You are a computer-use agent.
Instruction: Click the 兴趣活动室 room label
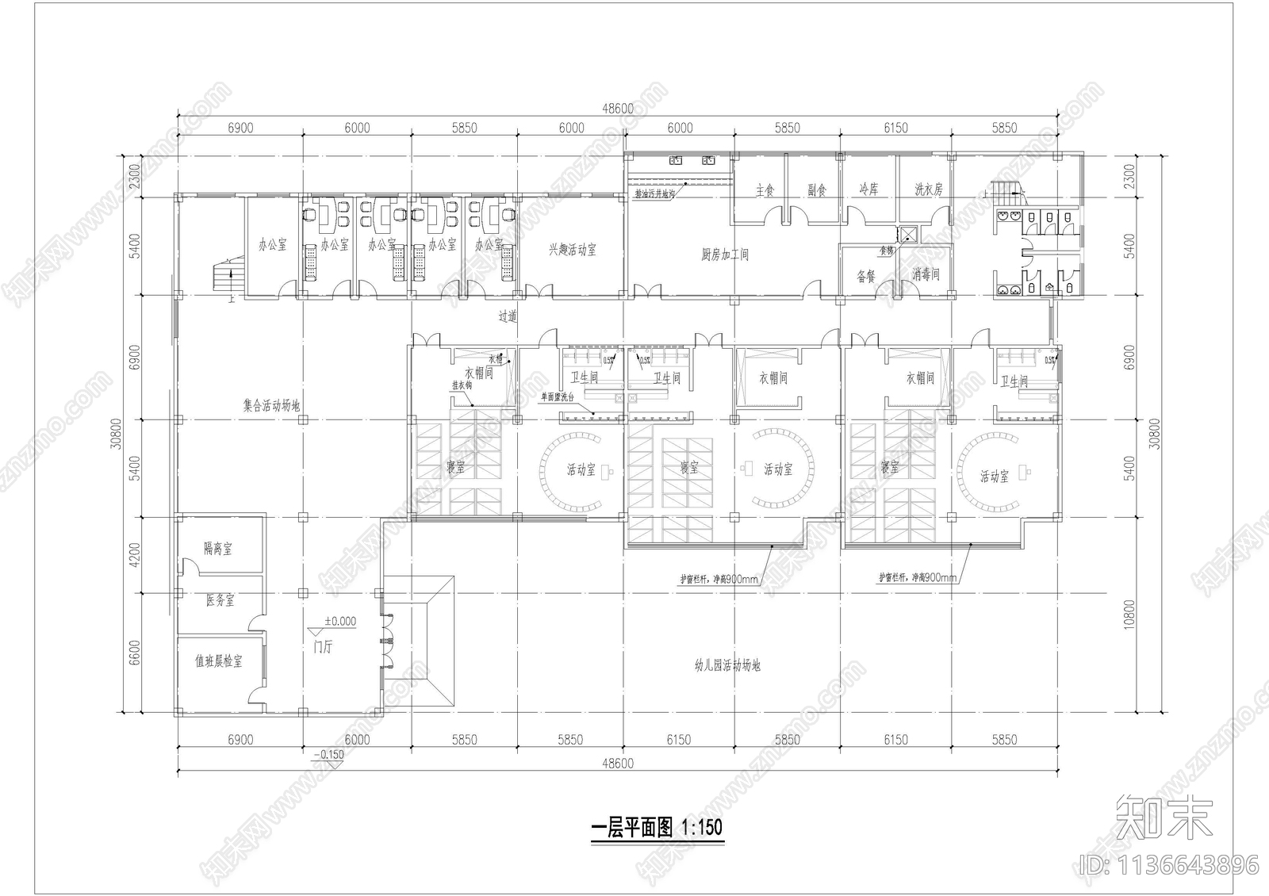pos(572,251)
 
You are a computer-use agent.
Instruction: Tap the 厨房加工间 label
pos(725,255)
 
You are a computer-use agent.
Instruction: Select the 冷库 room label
pos(868,190)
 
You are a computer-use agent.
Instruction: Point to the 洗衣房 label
pos(928,190)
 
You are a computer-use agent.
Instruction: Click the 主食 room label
pos(765,191)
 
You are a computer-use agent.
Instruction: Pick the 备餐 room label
pos(865,277)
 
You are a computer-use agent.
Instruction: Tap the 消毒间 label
pos(926,274)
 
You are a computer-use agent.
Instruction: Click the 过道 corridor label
pos(508,316)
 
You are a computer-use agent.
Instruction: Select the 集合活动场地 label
pos(271,406)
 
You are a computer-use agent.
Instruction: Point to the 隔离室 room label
pos(217,549)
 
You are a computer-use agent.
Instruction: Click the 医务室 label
pos(220,601)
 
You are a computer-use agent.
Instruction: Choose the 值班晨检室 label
pos(219,661)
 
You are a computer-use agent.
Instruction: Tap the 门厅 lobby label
pos(323,647)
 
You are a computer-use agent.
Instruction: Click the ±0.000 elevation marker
pos(340,622)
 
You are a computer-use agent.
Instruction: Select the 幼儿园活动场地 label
pos(727,666)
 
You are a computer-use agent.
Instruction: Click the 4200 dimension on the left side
pos(134,554)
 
